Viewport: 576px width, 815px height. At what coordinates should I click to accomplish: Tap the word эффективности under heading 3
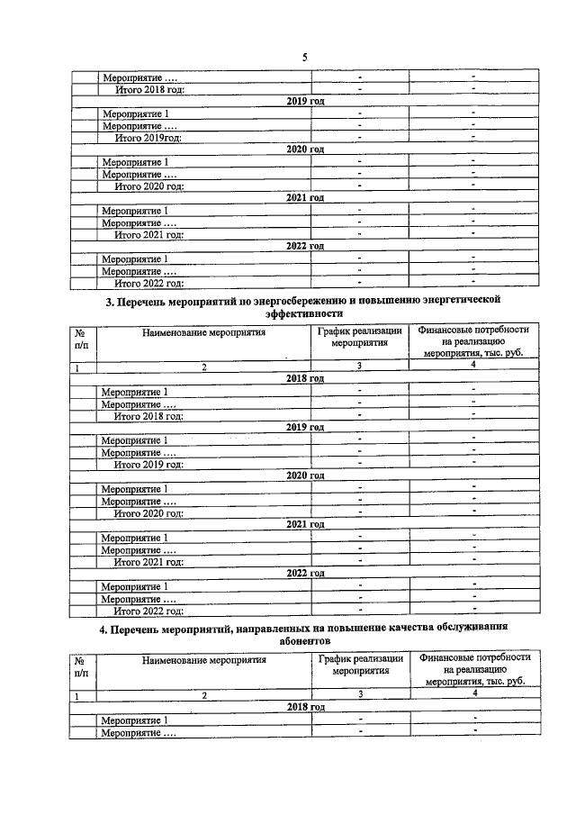pyautogui.click(x=304, y=313)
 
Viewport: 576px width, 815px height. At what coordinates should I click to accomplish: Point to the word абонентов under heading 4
pyautogui.click(x=304, y=640)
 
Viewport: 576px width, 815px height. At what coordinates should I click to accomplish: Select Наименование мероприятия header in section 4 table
pyautogui.click(x=203, y=659)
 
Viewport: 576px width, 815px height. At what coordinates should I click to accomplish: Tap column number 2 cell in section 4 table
pyautogui.click(x=203, y=695)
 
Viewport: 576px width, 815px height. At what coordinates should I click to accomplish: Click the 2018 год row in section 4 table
pyautogui.click(x=304, y=708)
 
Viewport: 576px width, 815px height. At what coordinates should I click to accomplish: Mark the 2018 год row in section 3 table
pyautogui.click(x=304, y=379)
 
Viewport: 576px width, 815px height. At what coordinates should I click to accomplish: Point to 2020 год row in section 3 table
pyautogui.click(x=304, y=475)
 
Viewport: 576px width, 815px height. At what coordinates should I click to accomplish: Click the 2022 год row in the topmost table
pyautogui.click(x=304, y=246)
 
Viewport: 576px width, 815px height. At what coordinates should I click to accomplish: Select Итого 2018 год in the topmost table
pyautogui.click(x=149, y=89)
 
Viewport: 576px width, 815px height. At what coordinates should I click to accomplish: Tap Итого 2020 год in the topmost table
pyautogui.click(x=149, y=186)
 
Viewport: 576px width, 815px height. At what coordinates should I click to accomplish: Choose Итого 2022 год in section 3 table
pyautogui.click(x=149, y=611)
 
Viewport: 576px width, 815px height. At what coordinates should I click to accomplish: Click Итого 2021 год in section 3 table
pyautogui.click(x=149, y=561)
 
